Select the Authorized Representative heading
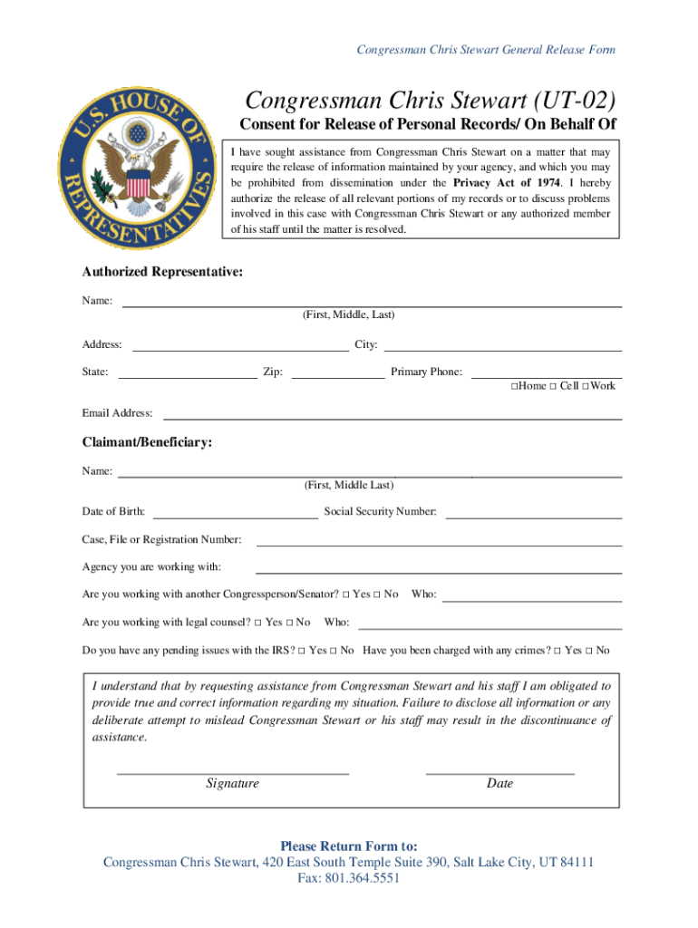[x=162, y=272]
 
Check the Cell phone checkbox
[x=552, y=387]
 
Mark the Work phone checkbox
[x=586, y=387]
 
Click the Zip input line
[x=338, y=375]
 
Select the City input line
[x=503, y=348]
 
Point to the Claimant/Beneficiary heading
[x=148, y=442]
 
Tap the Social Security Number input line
[x=533, y=516]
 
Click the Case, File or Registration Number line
[x=440, y=544]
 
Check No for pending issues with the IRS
[x=334, y=651]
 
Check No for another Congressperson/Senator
[x=377, y=594]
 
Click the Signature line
[x=233, y=772]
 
